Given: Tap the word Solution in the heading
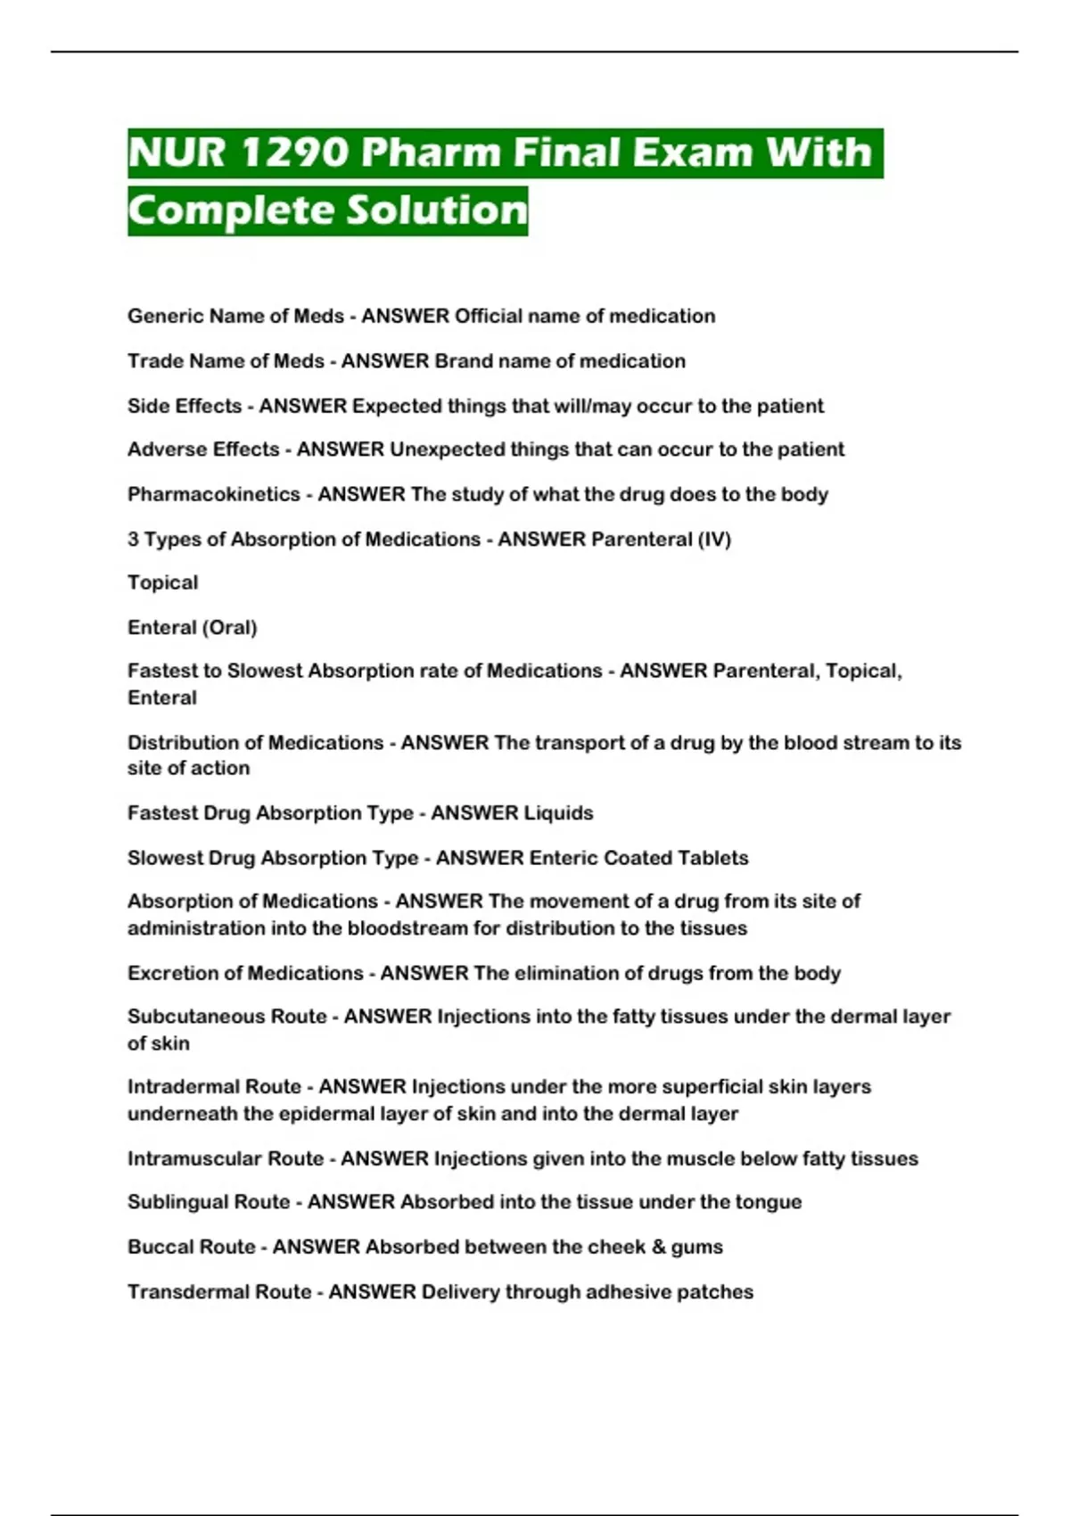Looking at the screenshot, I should tap(437, 210).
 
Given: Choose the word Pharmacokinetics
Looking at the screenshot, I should tap(214, 494).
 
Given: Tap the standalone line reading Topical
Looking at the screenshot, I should tap(163, 583).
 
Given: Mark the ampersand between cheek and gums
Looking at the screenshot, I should tap(658, 1247).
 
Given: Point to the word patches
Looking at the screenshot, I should tap(719, 1292).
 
